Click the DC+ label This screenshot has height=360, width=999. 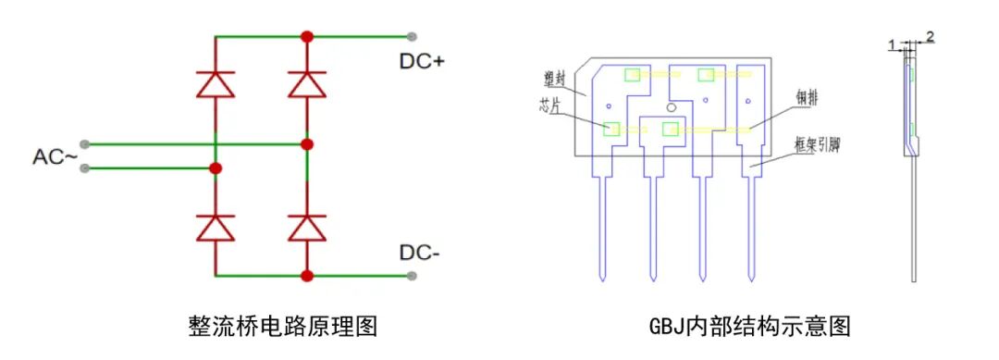[422, 62]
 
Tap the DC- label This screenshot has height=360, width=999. [419, 253]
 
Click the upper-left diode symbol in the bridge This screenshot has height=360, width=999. [216, 84]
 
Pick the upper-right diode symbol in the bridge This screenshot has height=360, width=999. [307, 84]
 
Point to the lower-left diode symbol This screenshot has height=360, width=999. [216, 228]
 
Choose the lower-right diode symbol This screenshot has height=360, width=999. [307, 228]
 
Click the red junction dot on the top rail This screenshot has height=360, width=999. [307, 36]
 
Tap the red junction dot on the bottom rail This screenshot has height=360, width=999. [307, 276]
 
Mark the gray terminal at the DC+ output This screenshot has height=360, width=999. [413, 36]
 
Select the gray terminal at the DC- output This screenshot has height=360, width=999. [413, 276]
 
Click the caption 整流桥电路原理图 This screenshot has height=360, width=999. [284, 326]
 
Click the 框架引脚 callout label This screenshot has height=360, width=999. [818, 144]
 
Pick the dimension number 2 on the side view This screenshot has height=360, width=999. [930, 37]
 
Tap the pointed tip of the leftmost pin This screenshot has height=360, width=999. [602, 280]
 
